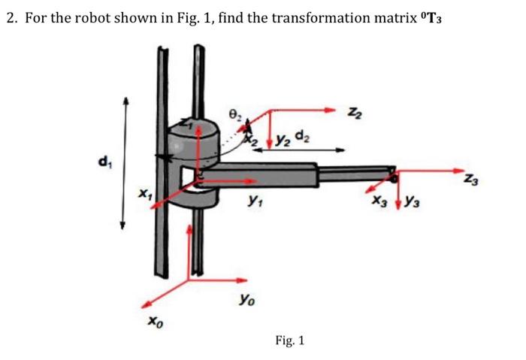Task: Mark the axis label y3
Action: pos(409,204)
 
